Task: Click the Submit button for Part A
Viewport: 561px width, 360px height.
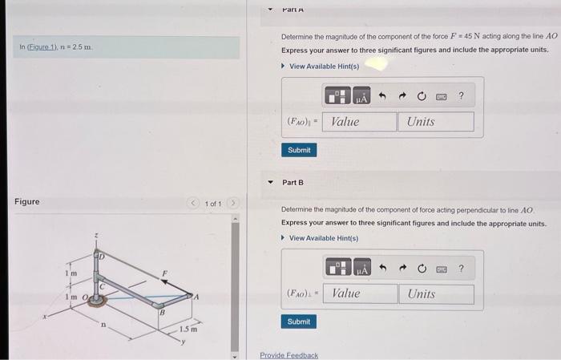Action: point(298,150)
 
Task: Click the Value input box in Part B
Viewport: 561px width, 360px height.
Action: point(363,293)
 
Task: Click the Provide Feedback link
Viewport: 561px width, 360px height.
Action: point(289,355)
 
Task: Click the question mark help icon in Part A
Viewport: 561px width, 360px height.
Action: point(462,97)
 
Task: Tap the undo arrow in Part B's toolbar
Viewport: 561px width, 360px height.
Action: point(382,269)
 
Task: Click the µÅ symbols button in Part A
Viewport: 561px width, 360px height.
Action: point(361,97)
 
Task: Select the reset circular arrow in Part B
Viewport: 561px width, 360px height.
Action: point(422,269)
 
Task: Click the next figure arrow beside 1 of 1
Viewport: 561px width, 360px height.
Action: point(235,204)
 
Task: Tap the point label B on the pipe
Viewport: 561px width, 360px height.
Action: point(161,312)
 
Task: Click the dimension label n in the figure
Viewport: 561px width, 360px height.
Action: point(103,324)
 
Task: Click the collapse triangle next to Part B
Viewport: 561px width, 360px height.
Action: point(270,182)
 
